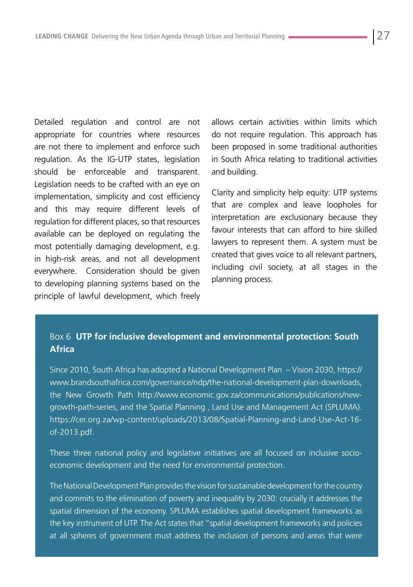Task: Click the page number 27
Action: [383, 36]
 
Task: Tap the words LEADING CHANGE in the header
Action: [62, 36]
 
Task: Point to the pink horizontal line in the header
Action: [327, 37]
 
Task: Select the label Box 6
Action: [60, 336]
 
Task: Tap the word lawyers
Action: [225, 242]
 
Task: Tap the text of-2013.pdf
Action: [72, 432]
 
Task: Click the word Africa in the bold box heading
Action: [62, 349]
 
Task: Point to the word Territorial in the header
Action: [249, 36]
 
